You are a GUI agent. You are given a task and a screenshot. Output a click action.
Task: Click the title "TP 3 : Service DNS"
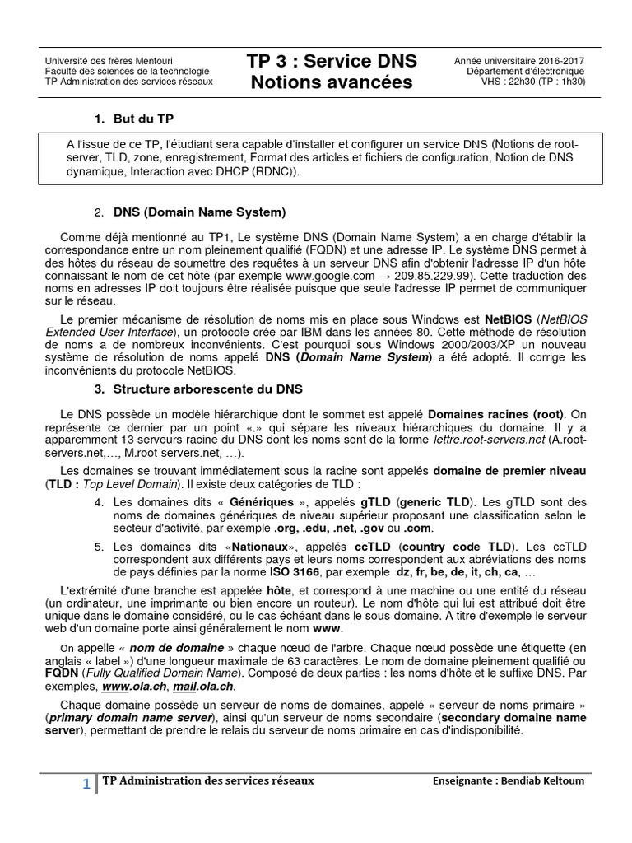click(332, 61)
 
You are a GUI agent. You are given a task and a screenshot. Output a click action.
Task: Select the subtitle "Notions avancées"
click(332, 83)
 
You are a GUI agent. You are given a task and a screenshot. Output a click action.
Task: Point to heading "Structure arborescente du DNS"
click(209, 389)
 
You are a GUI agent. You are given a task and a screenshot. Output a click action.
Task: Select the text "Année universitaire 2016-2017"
click(520, 60)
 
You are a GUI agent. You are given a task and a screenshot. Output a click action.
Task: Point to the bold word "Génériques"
click(263, 501)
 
